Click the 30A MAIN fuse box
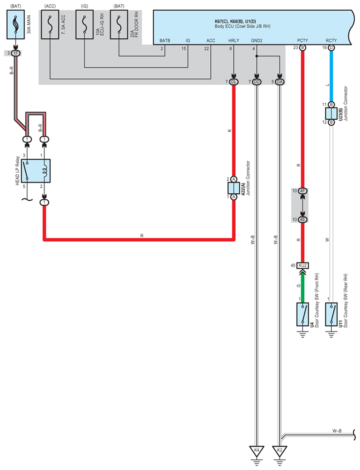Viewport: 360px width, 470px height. pos(16,24)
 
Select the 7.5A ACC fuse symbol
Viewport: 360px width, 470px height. pos(50,24)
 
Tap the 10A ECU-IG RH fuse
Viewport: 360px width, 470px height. pos(84,24)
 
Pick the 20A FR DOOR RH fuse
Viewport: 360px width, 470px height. pos(119,24)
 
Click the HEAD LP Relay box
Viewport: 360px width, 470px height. pos(36,171)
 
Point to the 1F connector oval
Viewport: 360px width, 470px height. pos(16,53)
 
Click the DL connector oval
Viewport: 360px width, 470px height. pos(233,82)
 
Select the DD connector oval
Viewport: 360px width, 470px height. pos(257,82)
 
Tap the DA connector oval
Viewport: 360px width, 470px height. pos(280,82)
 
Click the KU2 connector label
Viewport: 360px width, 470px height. pos(303,266)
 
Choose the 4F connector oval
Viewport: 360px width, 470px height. pos(303,191)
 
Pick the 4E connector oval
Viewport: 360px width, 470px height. pos(303,219)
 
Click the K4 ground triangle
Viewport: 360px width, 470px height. pos(257,451)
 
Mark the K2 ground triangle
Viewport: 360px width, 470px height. pos(280,451)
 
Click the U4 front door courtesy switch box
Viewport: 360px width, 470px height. pos(303,314)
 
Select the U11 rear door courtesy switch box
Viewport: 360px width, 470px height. pos(331,314)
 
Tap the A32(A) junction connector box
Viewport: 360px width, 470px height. pos(234,188)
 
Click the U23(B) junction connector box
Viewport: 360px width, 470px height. pos(331,113)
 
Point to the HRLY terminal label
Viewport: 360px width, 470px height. pos(234,41)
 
